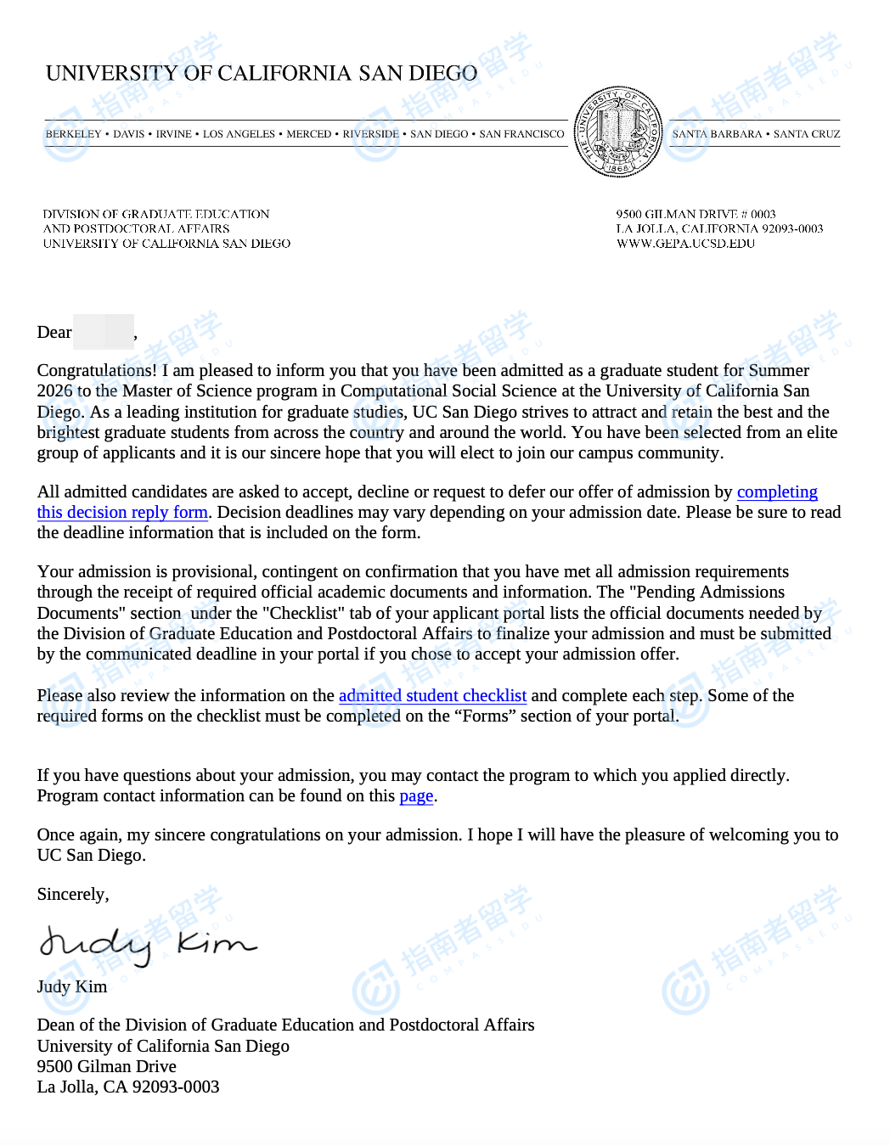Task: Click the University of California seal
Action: [x=617, y=132]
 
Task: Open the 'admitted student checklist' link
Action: [x=432, y=696]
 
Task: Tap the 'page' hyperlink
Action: [x=416, y=796]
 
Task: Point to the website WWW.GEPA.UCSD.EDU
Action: [x=685, y=244]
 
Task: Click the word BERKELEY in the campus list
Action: [x=73, y=134]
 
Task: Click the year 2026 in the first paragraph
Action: [x=54, y=391]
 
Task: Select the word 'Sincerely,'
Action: [x=73, y=895]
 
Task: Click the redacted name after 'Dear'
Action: [x=104, y=332]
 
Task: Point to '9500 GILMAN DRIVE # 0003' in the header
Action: [x=696, y=215]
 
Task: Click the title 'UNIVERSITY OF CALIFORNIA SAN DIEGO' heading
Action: [x=262, y=74]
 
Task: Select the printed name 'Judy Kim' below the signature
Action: [x=72, y=987]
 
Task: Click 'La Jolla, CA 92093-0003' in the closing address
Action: [x=128, y=1087]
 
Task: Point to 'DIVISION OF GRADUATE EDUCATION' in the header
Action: [x=156, y=215]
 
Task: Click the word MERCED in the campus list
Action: [x=309, y=134]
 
